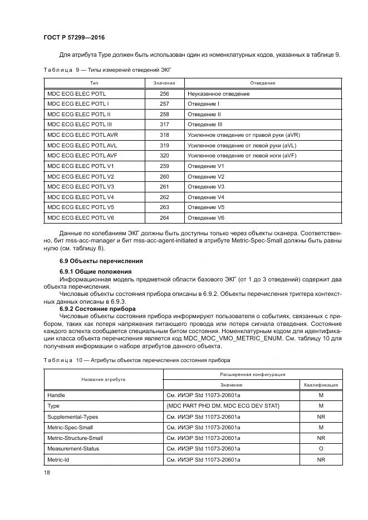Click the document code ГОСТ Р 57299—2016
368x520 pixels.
[x=74, y=37]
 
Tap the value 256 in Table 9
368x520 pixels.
[x=164, y=94]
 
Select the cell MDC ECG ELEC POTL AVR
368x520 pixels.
[x=82, y=135]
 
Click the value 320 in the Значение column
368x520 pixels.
[x=164, y=156]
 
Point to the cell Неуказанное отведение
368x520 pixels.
[x=218, y=94]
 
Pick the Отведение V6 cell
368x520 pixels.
[x=206, y=217]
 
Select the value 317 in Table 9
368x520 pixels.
[x=164, y=125]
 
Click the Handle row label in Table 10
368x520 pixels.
[x=56, y=395]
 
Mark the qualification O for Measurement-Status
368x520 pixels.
[x=321, y=448]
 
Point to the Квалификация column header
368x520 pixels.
[x=321, y=384]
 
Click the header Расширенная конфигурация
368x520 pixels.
[x=253, y=374]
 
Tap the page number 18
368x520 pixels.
[x=47, y=472]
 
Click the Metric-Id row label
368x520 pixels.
[x=59, y=459]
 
